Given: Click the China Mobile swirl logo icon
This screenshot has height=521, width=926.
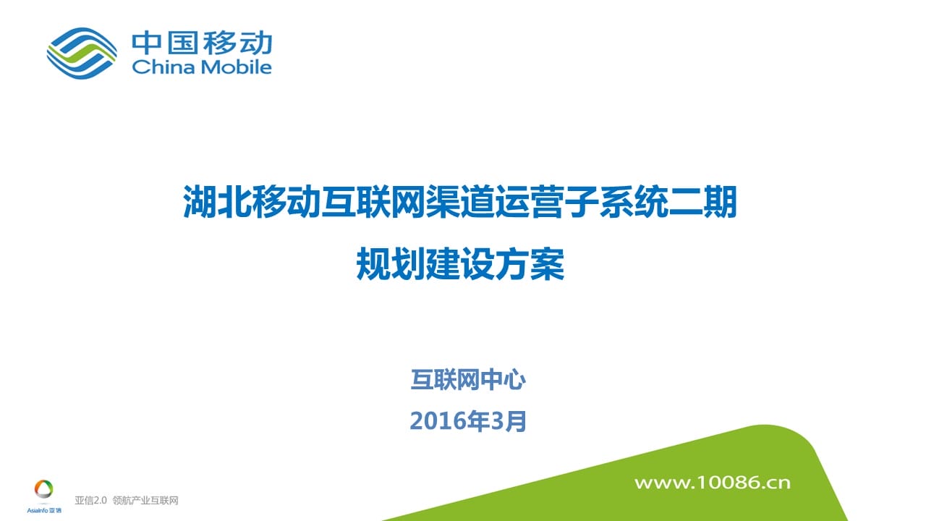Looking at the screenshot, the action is pyautogui.click(x=82, y=53).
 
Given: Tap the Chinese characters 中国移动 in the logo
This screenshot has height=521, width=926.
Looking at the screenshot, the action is pyautogui.click(x=202, y=43).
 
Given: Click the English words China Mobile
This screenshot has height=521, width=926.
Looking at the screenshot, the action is pyautogui.click(x=202, y=67).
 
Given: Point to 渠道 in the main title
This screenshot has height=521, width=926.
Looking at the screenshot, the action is pyautogui.click(x=461, y=202).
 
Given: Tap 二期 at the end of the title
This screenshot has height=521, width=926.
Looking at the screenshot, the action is pyautogui.click(x=702, y=202).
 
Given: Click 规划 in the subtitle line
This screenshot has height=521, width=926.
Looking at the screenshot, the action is pyautogui.click(x=391, y=264).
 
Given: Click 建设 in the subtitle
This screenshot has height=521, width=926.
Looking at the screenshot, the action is pyautogui.click(x=461, y=264).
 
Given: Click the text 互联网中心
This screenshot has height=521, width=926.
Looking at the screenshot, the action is pyautogui.click(x=468, y=380).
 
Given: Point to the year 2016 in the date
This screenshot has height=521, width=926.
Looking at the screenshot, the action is pyautogui.click(x=438, y=421).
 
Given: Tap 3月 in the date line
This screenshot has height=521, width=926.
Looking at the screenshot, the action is pyautogui.click(x=508, y=421).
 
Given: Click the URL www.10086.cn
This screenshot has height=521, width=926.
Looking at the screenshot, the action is pyautogui.click(x=713, y=483).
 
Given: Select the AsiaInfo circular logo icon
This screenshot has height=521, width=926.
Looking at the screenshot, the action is pyautogui.click(x=44, y=489).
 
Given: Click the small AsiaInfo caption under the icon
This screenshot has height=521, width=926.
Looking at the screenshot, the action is pyautogui.click(x=44, y=510).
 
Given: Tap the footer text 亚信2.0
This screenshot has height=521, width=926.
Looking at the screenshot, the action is pyautogui.click(x=90, y=500).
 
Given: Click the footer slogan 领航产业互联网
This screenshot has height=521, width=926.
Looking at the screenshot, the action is pyautogui.click(x=145, y=500).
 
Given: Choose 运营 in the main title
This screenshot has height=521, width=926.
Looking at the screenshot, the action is pyautogui.click(x=530, y=202).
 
